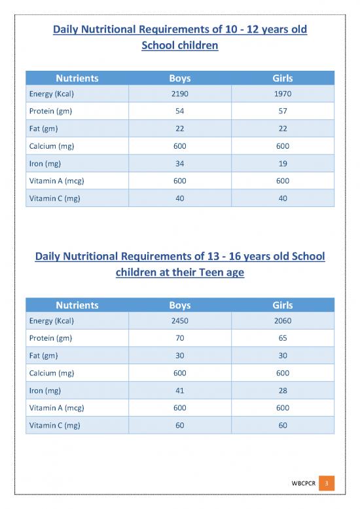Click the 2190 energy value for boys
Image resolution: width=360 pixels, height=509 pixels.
coord(179,94)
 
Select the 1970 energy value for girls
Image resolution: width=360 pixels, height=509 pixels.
coord(283,94)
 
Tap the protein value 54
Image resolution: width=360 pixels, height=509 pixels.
coord(179,111)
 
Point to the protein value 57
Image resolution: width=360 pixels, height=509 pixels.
coord(283,111)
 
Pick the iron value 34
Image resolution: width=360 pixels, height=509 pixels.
coord(179,163)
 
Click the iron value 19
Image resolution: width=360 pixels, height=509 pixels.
coord(283,163)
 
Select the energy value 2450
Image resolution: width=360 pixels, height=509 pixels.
coord(179,322)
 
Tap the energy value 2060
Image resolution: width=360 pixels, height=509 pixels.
coord(283,322)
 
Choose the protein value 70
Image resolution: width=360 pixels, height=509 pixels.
coord(179,339)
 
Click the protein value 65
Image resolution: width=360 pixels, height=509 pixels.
coord(283,339)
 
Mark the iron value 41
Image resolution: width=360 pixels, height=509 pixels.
coord(179,390)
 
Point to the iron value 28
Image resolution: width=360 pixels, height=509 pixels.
coord(283,390)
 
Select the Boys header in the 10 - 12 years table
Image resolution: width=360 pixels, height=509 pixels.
coord(179,78)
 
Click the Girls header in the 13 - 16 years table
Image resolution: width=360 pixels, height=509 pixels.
coord(283,305)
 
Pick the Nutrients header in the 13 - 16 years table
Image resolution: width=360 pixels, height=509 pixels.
coord(77,305)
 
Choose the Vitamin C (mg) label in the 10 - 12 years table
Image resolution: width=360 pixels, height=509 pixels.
coord(54,198)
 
